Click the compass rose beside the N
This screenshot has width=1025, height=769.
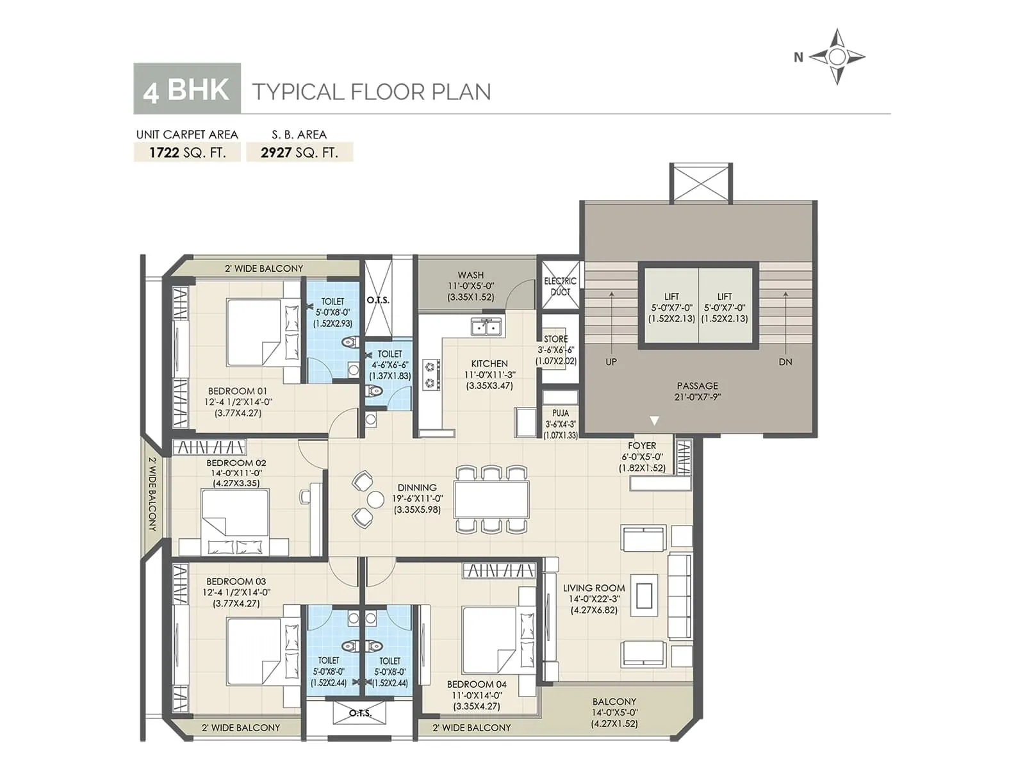pyautogui.click(x=837, y=57)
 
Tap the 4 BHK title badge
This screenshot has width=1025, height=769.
pyautogui.click(x=186, y=89)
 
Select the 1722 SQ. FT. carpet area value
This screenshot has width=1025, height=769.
pyautogui.click(x=187, y=153)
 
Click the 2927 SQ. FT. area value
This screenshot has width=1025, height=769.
pyautogui.click(x=299, y=153)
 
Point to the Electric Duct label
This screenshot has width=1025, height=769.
pyautogui.click(x=560, y=286)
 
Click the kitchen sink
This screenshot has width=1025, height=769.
pyautogui.click(x=486, y=327)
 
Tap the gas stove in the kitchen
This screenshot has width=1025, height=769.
pyautogui.click(x=430, y=375)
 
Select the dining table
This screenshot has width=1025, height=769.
pyautogui.click(x=491, y=499)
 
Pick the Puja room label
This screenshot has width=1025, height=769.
pyautogui.click(x=561, y=424)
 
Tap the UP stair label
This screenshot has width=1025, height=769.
pyautogui.click(x=611, y=362)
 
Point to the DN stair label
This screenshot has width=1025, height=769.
pyautogui.click(x=785, y=362)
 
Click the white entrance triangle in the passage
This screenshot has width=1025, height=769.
pyautogui.click(x=654, y=421)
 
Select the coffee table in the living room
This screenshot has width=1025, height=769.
pyautogui.click(x=645, y=597)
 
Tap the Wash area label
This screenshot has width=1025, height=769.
pyautogui.click(x=471, y=286)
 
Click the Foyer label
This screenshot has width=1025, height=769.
pyautogui.click(x=642, y=456)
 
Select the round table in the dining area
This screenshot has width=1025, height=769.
pyautogui.click(x=375, y=500)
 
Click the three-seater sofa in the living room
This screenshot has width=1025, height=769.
pyautogui.click(x=679, y=597)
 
